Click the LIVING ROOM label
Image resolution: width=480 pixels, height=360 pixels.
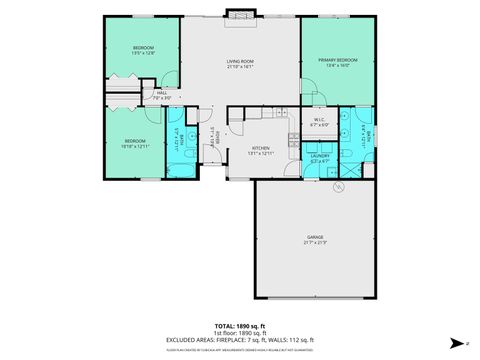(240, 62)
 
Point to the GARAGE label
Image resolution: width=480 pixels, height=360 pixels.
(314, 237)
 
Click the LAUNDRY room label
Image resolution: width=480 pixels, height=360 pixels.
(320, 155)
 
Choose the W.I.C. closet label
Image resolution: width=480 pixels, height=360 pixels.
(319, 120)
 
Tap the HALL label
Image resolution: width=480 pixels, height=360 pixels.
(161, 96)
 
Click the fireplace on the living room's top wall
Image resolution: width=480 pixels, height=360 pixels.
(239, 14)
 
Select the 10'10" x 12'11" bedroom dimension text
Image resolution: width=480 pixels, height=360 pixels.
(135, 146)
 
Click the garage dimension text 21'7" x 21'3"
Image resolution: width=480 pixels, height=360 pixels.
(314, 243)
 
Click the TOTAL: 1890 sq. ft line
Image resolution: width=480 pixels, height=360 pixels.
(240, 327)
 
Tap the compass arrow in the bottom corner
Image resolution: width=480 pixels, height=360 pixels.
(456, 344)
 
